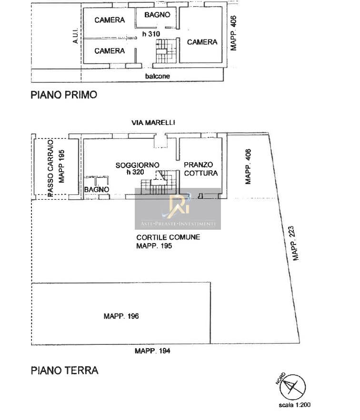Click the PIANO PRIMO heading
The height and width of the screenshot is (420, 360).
[x=64, y=95]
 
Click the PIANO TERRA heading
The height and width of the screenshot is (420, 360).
[x=65, y=371]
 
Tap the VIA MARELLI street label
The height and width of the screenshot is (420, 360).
[x=153, y=123]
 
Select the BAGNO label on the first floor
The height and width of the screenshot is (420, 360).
[x=157, y=14]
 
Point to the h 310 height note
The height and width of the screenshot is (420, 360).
[x=151, y=34]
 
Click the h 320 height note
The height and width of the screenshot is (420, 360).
[x=135, y=172]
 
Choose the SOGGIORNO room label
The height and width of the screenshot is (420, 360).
[x=137, y=165]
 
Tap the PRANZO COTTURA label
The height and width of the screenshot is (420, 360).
[x=200, y=169]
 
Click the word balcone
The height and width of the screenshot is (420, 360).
[x=158, y=76]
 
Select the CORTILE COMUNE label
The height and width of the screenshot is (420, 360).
[x=168, y=237]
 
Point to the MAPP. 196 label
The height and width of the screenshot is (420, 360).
[x=121, y=316]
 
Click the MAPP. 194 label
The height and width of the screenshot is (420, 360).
[x=152, y=351]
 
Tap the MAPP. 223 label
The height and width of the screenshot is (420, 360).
[x=295, y=244]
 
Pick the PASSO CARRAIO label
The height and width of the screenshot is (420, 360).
[x=50, y=168]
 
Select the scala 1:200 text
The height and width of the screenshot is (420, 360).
[x=295, y=405]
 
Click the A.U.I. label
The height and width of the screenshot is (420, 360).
[x=75, y=36]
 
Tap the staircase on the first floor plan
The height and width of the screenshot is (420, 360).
[x=166, y=51]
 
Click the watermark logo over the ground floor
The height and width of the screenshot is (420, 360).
[x=178, y=209]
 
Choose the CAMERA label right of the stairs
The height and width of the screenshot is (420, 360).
[x=202, y=42]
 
